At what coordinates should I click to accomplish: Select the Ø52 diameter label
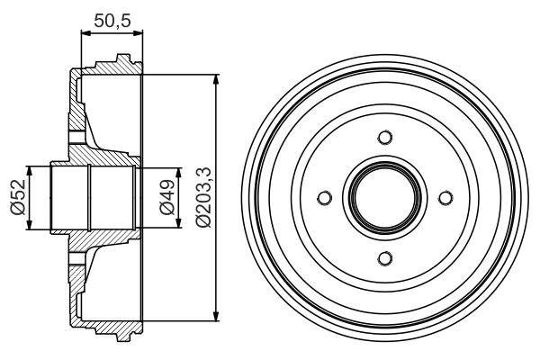point(17,197)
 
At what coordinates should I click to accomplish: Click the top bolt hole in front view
point(384,138)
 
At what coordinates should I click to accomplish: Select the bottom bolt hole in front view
point(384,259)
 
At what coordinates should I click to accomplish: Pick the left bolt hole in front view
point(324,198)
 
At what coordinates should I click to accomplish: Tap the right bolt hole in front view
point(445,198)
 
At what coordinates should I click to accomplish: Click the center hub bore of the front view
point(384,198)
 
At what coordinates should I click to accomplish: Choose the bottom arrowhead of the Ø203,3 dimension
point(216,316)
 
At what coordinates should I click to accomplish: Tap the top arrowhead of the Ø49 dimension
point(149,172)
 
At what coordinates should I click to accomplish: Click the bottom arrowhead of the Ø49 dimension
point(149,224)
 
